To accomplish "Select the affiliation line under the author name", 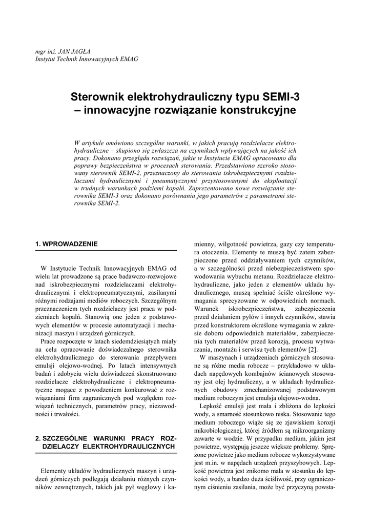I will point(86,59).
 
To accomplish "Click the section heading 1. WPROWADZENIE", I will point(66,244).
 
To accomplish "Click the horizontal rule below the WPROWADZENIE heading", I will point(106,250).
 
